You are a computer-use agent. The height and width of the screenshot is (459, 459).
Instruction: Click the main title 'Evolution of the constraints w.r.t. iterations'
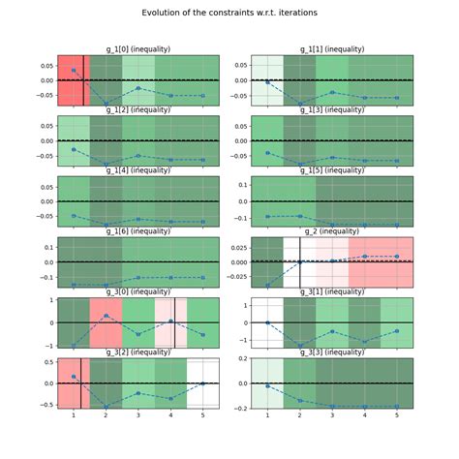point(229,13)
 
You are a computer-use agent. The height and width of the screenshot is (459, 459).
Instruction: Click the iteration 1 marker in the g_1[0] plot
point(74,71)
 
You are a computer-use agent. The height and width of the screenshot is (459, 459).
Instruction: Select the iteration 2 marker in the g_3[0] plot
point(106,316)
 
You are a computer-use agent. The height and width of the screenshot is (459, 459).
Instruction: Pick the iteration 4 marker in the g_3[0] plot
point(170,321)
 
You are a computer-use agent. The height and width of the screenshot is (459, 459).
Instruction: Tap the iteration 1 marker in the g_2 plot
point(267,285)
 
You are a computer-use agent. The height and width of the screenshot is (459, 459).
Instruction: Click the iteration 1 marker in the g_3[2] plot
point(74,376)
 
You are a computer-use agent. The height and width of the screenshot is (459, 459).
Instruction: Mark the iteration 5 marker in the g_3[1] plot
point(396,331)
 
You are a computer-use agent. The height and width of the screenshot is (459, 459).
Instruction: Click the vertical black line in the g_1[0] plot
point(83,79)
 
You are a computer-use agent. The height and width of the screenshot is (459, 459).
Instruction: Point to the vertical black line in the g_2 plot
point(300,262)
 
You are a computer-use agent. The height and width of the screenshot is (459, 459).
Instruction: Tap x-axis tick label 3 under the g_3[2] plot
point(138,416)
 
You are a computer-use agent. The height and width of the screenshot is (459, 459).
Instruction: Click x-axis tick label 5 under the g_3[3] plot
point(396,416)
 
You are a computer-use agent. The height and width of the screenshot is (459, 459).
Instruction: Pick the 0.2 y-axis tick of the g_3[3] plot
point(238,408)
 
